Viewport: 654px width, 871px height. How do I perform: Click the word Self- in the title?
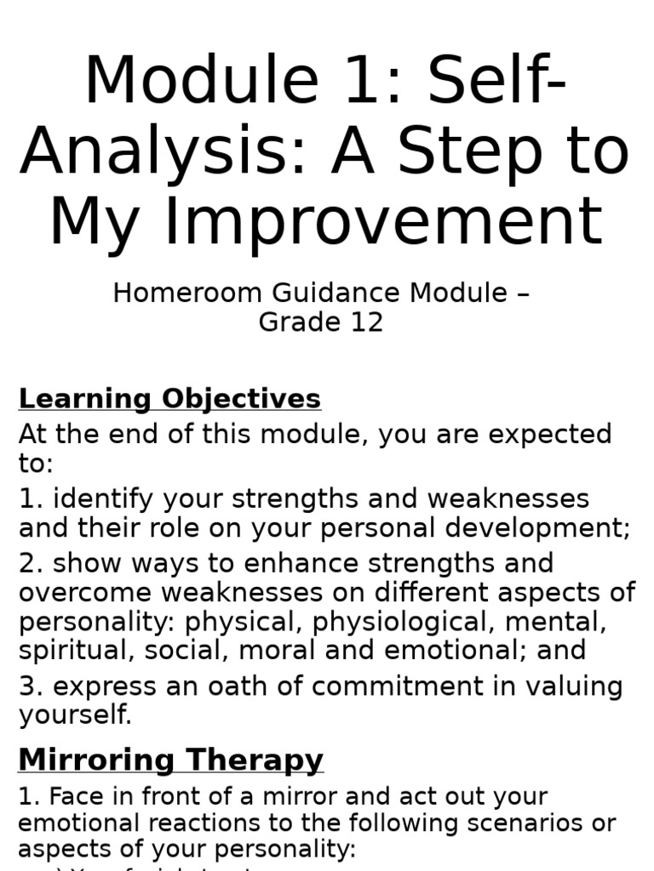pyautogui.click(x=496, y=81)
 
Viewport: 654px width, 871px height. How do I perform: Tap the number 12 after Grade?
pyautogui.click(x=366, y=322)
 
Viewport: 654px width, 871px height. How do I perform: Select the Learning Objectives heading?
pyautogui.click(x=169, y=398)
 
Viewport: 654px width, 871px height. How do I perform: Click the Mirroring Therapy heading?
pyautogui.click(x=170, y=760)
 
